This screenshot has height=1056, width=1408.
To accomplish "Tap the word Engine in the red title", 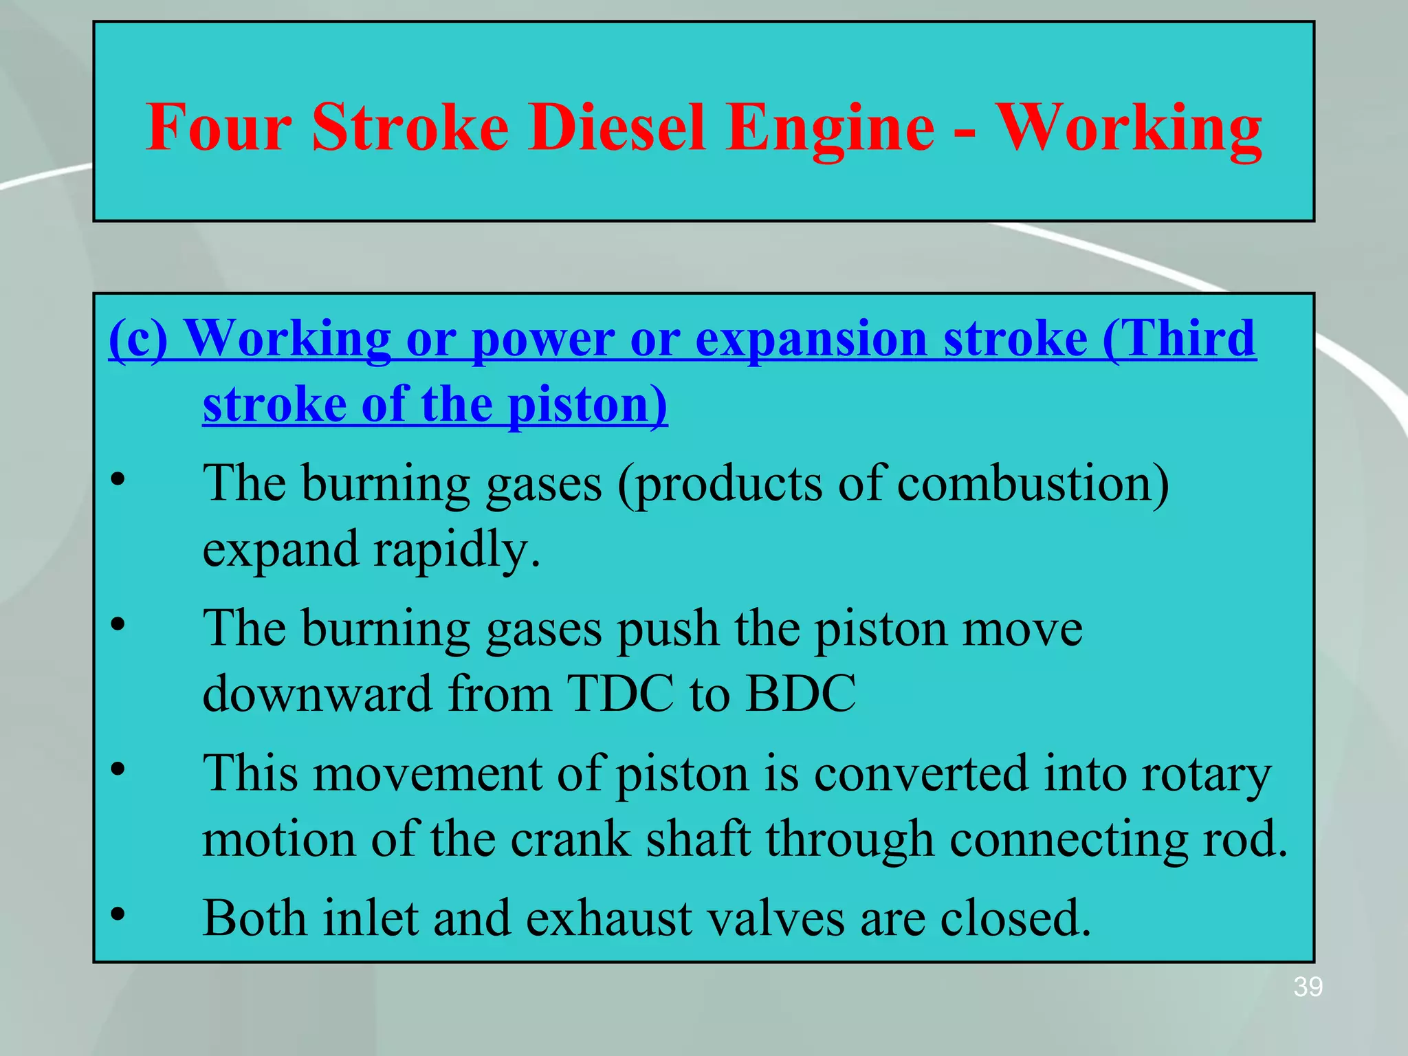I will pyautogui.click(x=830, y=128).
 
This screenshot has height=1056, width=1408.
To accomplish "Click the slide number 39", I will pyautogui.click(x=1308, y=987).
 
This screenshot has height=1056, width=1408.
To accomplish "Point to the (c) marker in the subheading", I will pyautogui.click(x=138, y=338).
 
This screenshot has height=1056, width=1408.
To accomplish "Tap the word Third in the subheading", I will pyautogui.click(x=1179, y=338).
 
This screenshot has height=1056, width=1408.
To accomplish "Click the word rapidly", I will pyautogui.click(x=456, y=550).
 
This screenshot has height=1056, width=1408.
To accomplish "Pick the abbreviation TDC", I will pyautogui.click(x=621, y=694).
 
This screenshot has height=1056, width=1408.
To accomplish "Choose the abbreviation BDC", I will pyautogui.click(x=800, y=694).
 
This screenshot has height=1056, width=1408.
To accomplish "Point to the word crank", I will pyautogui.click(x=570, y=839).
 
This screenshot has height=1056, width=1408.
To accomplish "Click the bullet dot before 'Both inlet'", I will pyautogui.click(x=118, y=914).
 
